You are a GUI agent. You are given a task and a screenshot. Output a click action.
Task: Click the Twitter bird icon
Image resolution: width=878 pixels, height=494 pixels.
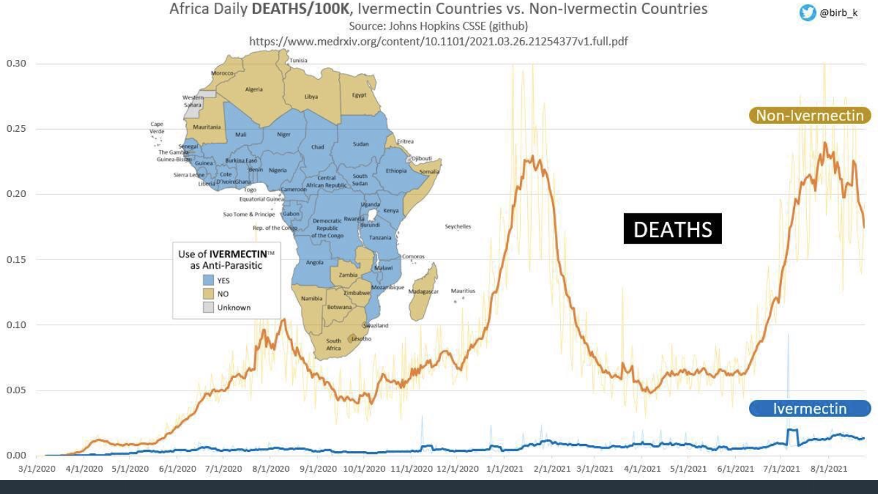808,13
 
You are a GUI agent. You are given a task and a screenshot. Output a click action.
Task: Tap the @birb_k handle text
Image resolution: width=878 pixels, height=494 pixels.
839,13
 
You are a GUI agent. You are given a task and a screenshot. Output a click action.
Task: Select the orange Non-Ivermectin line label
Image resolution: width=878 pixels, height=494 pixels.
810,116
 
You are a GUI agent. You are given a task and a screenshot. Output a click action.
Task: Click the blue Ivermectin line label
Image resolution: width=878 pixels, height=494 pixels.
810,408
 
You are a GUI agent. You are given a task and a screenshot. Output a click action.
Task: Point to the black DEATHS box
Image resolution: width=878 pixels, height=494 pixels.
673,229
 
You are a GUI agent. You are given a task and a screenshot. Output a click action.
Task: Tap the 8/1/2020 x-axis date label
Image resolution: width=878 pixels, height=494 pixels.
271,469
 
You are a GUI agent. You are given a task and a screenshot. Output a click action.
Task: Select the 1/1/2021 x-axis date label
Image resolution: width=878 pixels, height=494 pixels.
504,469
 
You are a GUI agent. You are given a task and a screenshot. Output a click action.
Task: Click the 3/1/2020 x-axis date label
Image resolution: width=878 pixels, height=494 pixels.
38,469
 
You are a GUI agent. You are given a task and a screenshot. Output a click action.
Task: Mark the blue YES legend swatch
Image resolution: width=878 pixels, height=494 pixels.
209,281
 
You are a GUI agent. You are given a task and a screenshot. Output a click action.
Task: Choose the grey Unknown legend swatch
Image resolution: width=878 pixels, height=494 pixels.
209,307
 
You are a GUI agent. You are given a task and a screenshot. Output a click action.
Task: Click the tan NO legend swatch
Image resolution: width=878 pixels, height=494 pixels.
209,294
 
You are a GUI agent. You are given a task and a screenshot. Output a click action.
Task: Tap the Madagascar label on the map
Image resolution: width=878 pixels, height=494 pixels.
423,291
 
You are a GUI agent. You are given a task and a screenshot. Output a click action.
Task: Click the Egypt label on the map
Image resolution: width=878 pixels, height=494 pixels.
359,95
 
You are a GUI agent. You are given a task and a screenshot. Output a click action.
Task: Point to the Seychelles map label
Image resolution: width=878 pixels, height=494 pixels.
458,227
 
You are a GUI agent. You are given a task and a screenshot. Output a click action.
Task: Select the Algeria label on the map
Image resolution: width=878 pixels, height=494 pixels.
254,90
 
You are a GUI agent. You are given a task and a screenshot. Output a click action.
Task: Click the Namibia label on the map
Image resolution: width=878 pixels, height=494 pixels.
311,298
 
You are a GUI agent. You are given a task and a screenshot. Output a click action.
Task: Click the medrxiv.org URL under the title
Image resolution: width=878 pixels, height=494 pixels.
438,41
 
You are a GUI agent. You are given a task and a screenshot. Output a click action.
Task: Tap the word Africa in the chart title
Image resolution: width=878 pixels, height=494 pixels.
189,9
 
